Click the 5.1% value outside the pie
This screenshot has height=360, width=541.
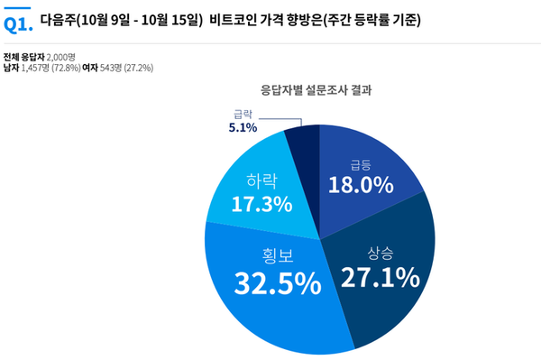tap(243, 128)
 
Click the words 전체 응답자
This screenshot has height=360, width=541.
tap(23, 56)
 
